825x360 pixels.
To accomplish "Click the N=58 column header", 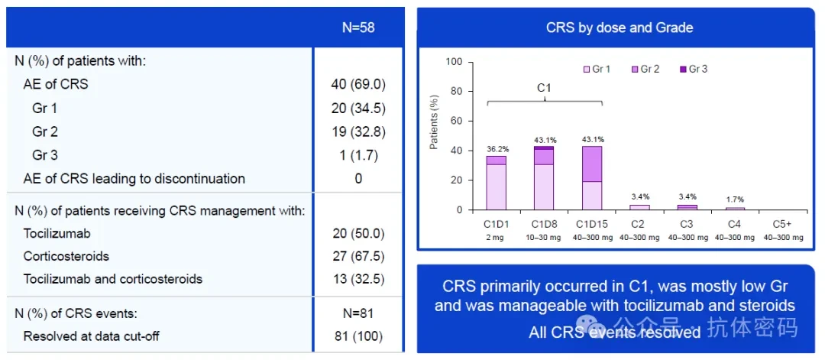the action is (x=357, y=28).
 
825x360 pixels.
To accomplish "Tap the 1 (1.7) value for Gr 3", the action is (x=357, y=155).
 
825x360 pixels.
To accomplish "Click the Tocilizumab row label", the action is (x=60, y=232).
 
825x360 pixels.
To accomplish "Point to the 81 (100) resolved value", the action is (x=357, y=336).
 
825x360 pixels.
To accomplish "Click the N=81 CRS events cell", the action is (x=357, y=313).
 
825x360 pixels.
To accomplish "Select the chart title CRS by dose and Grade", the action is (x=620, y=28).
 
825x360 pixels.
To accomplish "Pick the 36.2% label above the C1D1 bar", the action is (x=499, y=149).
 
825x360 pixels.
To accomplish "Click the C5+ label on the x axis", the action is (x=784, y=224).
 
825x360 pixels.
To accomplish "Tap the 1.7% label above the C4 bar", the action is (x=736, y=200).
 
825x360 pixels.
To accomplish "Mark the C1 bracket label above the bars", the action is (x=545, y=88).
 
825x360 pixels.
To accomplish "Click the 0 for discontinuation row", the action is (x=358, y=179).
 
